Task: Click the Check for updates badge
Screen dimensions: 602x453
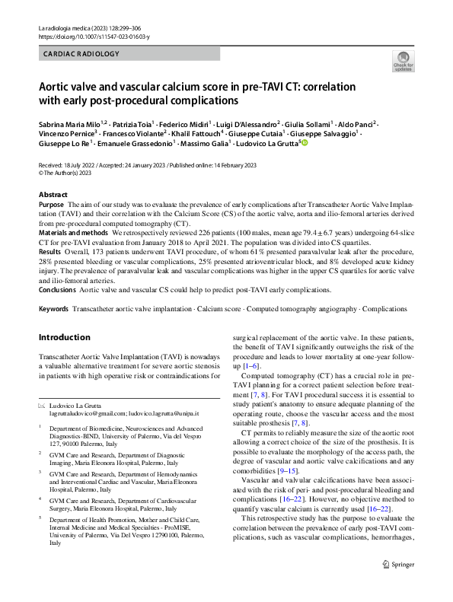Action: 403,61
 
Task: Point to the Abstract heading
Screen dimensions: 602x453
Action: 53,195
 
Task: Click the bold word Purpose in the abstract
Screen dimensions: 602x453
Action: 51,205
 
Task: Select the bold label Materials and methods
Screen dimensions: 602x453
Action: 74,234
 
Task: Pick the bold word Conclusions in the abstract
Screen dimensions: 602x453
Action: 57,289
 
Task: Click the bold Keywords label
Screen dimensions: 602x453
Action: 54,309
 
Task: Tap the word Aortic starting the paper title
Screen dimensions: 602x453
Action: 57,85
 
